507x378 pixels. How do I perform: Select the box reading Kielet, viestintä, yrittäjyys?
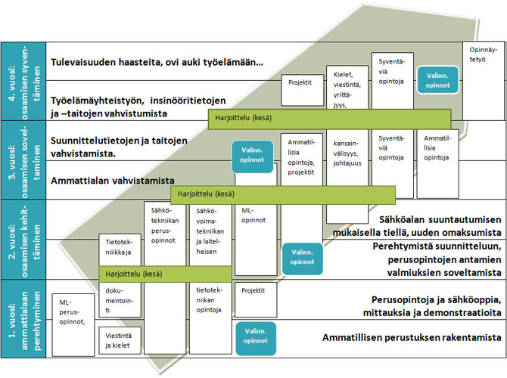click(347, 88)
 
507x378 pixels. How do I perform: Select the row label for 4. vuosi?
click(22, 81)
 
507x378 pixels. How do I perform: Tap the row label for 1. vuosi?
click(22, 321)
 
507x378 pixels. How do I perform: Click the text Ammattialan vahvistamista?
click(113, 181)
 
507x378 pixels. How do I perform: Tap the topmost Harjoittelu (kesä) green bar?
click(329, 117)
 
